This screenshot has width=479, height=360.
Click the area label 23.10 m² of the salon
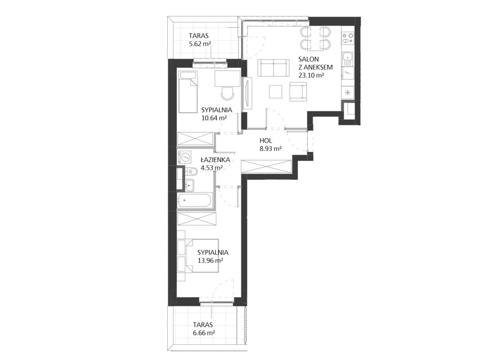(311, 75)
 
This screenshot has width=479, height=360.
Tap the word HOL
(266, 140)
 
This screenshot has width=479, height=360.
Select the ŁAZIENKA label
(215, 159)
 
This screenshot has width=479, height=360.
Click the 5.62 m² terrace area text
(200, 43)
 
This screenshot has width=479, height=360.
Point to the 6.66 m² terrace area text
(204, 333)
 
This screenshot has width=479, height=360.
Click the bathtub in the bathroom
(194, 201)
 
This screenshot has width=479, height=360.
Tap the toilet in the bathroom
(192, 172)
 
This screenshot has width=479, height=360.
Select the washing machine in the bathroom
(184, 157)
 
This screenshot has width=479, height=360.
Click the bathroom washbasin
(189, 185)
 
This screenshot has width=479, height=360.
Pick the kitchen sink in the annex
(348, 58)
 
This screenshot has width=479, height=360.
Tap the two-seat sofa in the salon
(273, 67)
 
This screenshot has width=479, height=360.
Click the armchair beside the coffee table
(298, 92)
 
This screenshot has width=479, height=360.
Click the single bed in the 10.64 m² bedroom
(187, 92)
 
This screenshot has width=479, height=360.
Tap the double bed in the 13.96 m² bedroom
(198, 256)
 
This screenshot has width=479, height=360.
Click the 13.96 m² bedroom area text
(210, 261)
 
